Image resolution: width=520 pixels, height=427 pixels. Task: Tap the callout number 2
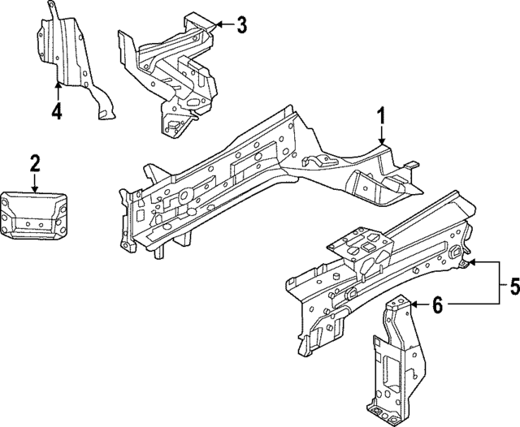tap(34, 162)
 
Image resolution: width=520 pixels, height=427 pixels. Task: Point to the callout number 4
tap(56, 111)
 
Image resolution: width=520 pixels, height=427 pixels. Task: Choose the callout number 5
tap(513, 285)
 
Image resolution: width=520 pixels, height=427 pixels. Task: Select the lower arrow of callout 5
tap(455, 303)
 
